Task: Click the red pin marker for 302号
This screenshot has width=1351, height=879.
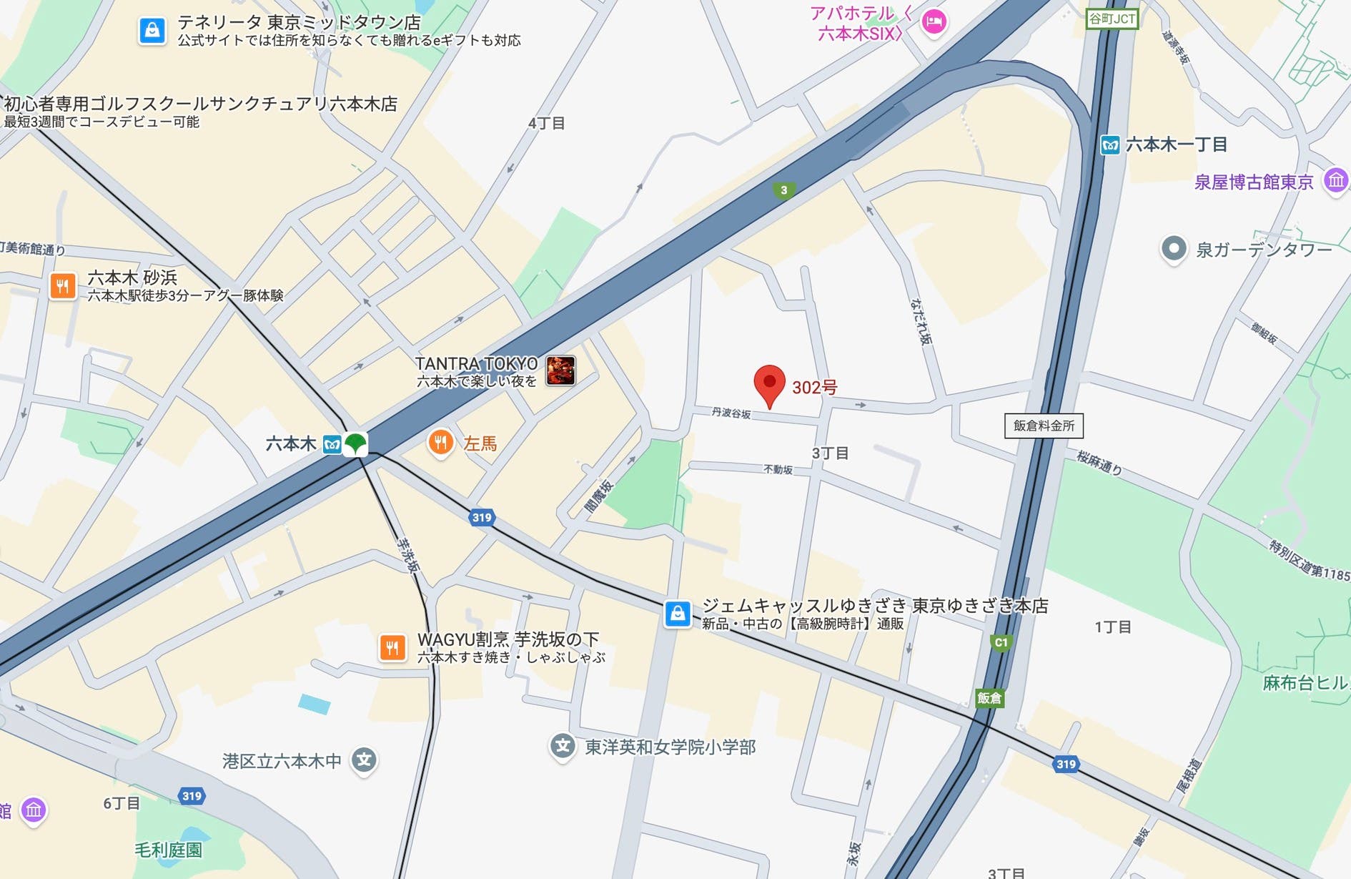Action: coord(769,383)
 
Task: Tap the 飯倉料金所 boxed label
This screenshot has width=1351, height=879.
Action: coord(1044,426)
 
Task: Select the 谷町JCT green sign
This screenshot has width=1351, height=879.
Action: coord(1111,19)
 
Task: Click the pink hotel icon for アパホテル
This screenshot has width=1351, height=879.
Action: coord(934,22)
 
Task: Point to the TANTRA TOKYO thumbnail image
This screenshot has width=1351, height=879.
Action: coord(561,370)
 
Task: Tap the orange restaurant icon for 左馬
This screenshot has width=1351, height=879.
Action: coord(441,443)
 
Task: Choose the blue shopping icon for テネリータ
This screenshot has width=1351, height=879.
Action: coord(152,30)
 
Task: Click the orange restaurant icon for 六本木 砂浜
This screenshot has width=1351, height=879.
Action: coord(63,286)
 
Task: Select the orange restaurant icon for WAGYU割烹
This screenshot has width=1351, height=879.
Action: coord(392,648)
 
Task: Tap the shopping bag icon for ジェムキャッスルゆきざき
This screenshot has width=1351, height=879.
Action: coord(678,613)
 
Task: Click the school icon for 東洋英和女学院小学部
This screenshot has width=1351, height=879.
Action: coord(563,747)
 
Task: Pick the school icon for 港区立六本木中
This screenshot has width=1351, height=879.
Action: coord(364,760)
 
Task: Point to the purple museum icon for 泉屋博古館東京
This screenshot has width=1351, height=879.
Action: coord(1335,180)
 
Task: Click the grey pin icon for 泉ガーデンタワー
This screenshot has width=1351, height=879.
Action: coord(1173,249)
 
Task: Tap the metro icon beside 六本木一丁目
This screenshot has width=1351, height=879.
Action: coord(1110,145)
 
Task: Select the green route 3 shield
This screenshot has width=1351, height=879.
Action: coord(784,190)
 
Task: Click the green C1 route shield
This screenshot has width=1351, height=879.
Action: coord(1001,642)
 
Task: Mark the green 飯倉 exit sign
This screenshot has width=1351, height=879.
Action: coord(989,698)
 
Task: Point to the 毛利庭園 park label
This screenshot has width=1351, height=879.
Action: coord(169,850)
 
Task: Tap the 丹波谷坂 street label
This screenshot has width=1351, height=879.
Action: coord(731,413)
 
